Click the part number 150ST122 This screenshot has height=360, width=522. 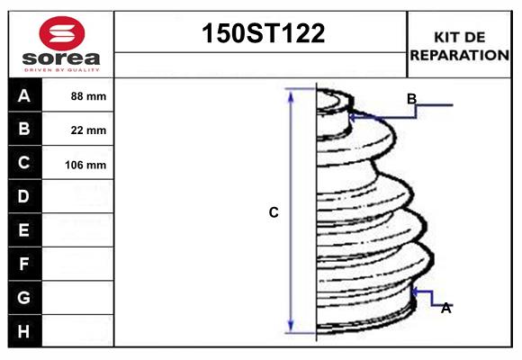click(261, 35)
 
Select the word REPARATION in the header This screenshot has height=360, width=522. click(459, 55)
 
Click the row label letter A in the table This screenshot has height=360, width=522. click(24, 95)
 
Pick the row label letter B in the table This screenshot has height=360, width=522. click(24, 129)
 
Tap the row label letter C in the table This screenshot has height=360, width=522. click(24, 163)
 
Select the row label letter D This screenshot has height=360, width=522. click(24, 196)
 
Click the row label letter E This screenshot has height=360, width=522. click(24, 230)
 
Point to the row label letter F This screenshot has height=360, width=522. click(24, 264)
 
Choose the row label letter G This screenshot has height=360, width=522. click(24, 297)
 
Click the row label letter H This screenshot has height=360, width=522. click(24, 331)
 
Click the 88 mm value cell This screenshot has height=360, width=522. click(88, 96)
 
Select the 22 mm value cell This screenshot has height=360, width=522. click(88, 130)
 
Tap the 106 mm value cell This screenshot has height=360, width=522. click(86, 165)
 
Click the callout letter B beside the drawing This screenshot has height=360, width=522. click(411, 99)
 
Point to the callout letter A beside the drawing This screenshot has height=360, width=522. click(445, 308)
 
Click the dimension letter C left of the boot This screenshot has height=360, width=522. click(274, 213)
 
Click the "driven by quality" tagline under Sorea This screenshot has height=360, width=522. click(61, 69)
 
